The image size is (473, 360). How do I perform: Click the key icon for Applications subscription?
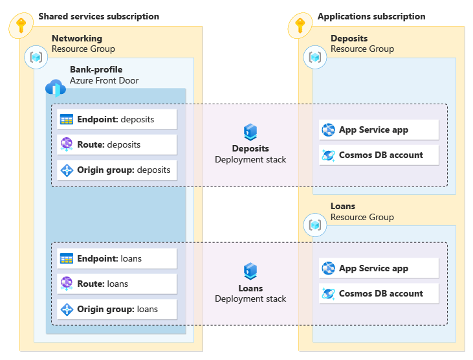tap(299, 25)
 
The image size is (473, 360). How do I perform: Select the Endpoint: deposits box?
tap(116, 120)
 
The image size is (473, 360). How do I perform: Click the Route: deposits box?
tap(116, 144)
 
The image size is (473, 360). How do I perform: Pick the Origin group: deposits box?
tap(116, 170)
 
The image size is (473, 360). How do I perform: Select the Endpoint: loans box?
tap(116, 258)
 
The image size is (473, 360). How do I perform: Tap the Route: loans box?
tap(116, 284)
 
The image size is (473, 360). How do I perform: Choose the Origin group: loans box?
tap(116, 309)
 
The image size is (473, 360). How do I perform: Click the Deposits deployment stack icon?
tap(250, 133)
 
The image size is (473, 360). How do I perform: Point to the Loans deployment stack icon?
tap(250, 271)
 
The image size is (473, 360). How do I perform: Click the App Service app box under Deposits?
tap(379, 129)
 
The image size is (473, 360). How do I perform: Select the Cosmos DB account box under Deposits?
tap(379, 155)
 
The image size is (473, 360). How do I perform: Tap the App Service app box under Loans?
tap(379, 268)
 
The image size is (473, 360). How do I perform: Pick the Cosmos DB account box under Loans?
tap(379, 293)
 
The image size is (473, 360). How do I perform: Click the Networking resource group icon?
tap(36, 57)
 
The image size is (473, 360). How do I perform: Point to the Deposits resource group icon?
tap(315, 57)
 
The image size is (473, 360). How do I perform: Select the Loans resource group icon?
tap(315, 225)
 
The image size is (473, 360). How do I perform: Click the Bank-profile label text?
tap(96, 69)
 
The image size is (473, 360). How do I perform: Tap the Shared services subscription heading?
tap(98, 16)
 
